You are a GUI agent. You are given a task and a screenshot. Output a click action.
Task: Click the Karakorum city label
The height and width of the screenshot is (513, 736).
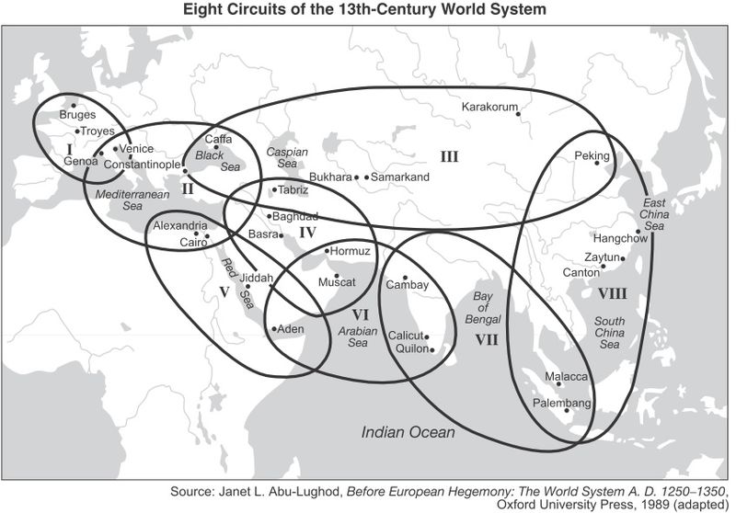[489, 107]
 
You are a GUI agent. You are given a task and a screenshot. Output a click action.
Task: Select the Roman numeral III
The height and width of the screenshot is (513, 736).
[448, 156]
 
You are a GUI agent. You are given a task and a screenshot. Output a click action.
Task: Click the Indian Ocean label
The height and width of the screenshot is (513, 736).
[408, 432]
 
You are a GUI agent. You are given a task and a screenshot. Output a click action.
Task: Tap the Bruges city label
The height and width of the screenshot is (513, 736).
[76, 116]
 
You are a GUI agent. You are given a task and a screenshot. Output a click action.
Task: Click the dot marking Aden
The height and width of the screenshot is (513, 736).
[273, 328]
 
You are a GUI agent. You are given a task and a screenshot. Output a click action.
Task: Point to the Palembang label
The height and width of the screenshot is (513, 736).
[563, 404]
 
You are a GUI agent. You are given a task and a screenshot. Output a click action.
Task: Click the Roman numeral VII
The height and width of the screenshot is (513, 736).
[486, 339]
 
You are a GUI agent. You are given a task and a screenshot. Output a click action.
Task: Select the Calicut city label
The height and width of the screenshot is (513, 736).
[406, 336]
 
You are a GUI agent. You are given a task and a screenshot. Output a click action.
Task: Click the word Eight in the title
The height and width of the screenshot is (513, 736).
[209, 10]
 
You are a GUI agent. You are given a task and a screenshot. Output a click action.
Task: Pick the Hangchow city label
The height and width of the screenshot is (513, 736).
[620, 236]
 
